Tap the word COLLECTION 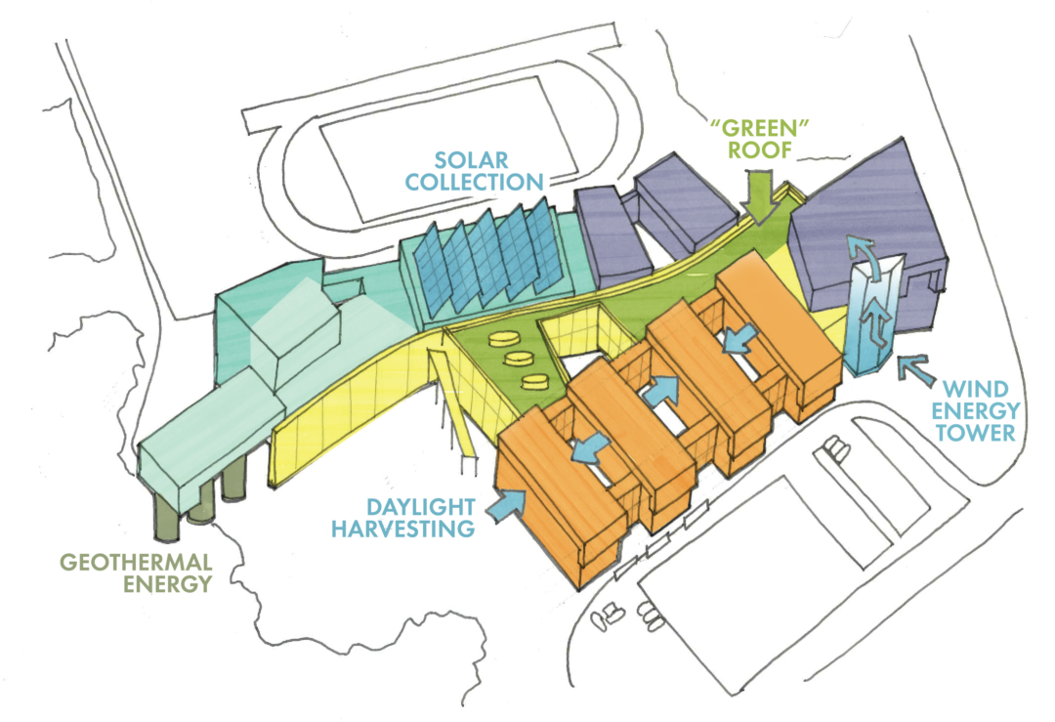coord(475,182)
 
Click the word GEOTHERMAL coord(137,562)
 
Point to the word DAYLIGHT coord(420,506)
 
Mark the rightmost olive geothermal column coord(233,481)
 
